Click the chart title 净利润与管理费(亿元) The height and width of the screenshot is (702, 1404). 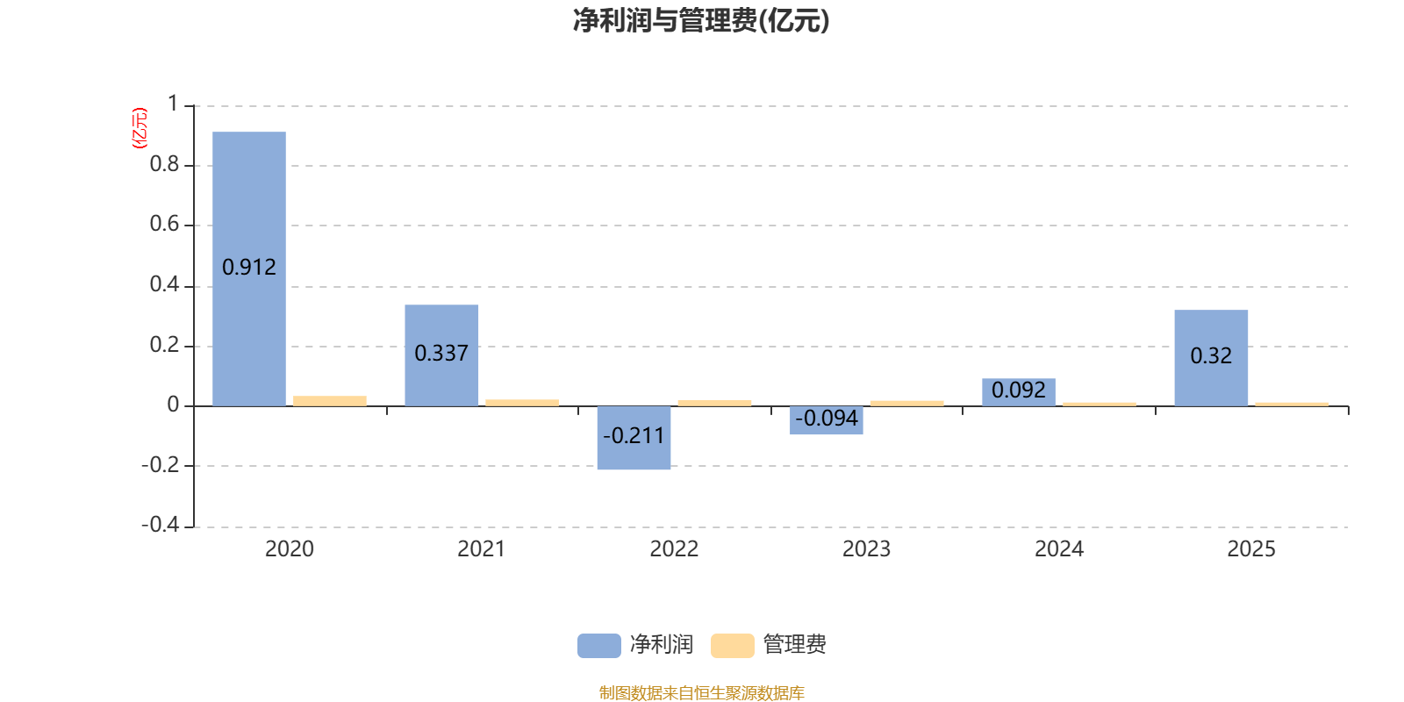click(701, 21)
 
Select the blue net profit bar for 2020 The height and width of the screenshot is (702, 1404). click(249, 269)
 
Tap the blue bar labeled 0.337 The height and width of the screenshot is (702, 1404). click(441, 355)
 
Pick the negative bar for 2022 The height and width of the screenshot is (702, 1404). click(634, 438)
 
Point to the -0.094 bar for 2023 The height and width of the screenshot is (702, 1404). click(826, 420)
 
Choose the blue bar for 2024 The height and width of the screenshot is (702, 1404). click(1019, 392)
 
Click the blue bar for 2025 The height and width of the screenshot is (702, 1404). click(1211, 358)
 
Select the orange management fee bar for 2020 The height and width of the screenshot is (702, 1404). click(330, 401)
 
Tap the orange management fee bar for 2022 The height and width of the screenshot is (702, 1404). click(714, 403)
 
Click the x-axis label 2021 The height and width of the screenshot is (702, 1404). click(482, 549)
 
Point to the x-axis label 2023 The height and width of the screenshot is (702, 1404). click(866, 549)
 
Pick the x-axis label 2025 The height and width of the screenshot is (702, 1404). click(1251, 549)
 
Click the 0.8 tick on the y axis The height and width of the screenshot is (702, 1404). click(164, 164)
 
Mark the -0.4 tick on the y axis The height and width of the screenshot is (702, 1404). click(161, 524)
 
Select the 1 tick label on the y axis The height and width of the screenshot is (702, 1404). click(173, 104)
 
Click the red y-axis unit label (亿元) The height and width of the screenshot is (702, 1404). click(140, 128)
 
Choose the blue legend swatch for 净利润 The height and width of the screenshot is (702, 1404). click(599, 646)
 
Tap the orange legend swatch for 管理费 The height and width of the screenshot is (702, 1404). click(732, 646)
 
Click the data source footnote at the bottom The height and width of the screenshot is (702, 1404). click(701, 692)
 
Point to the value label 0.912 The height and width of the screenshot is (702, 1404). click(249, 268)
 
